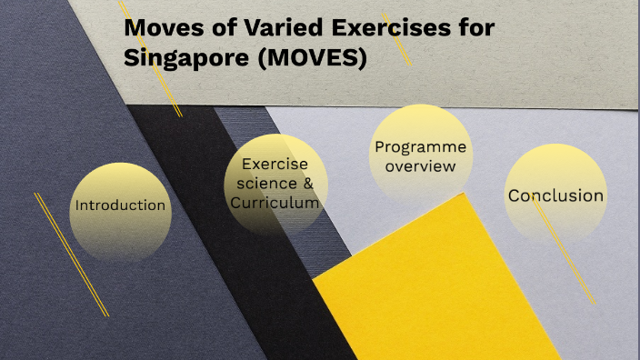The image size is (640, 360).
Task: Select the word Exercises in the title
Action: [384, 28]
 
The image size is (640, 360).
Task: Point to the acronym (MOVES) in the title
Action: [314, 58]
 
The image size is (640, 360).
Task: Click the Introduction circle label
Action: [120, 205]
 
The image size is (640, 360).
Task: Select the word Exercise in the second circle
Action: [275, 165]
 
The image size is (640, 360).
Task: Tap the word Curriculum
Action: [275, 203]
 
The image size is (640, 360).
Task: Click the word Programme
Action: [420, 147]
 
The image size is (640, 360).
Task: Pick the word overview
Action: [420, 166]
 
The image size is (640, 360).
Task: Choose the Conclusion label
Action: [555, 195]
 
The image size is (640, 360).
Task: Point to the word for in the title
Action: [475, 28]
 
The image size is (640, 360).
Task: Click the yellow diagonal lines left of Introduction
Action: [71, 255]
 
